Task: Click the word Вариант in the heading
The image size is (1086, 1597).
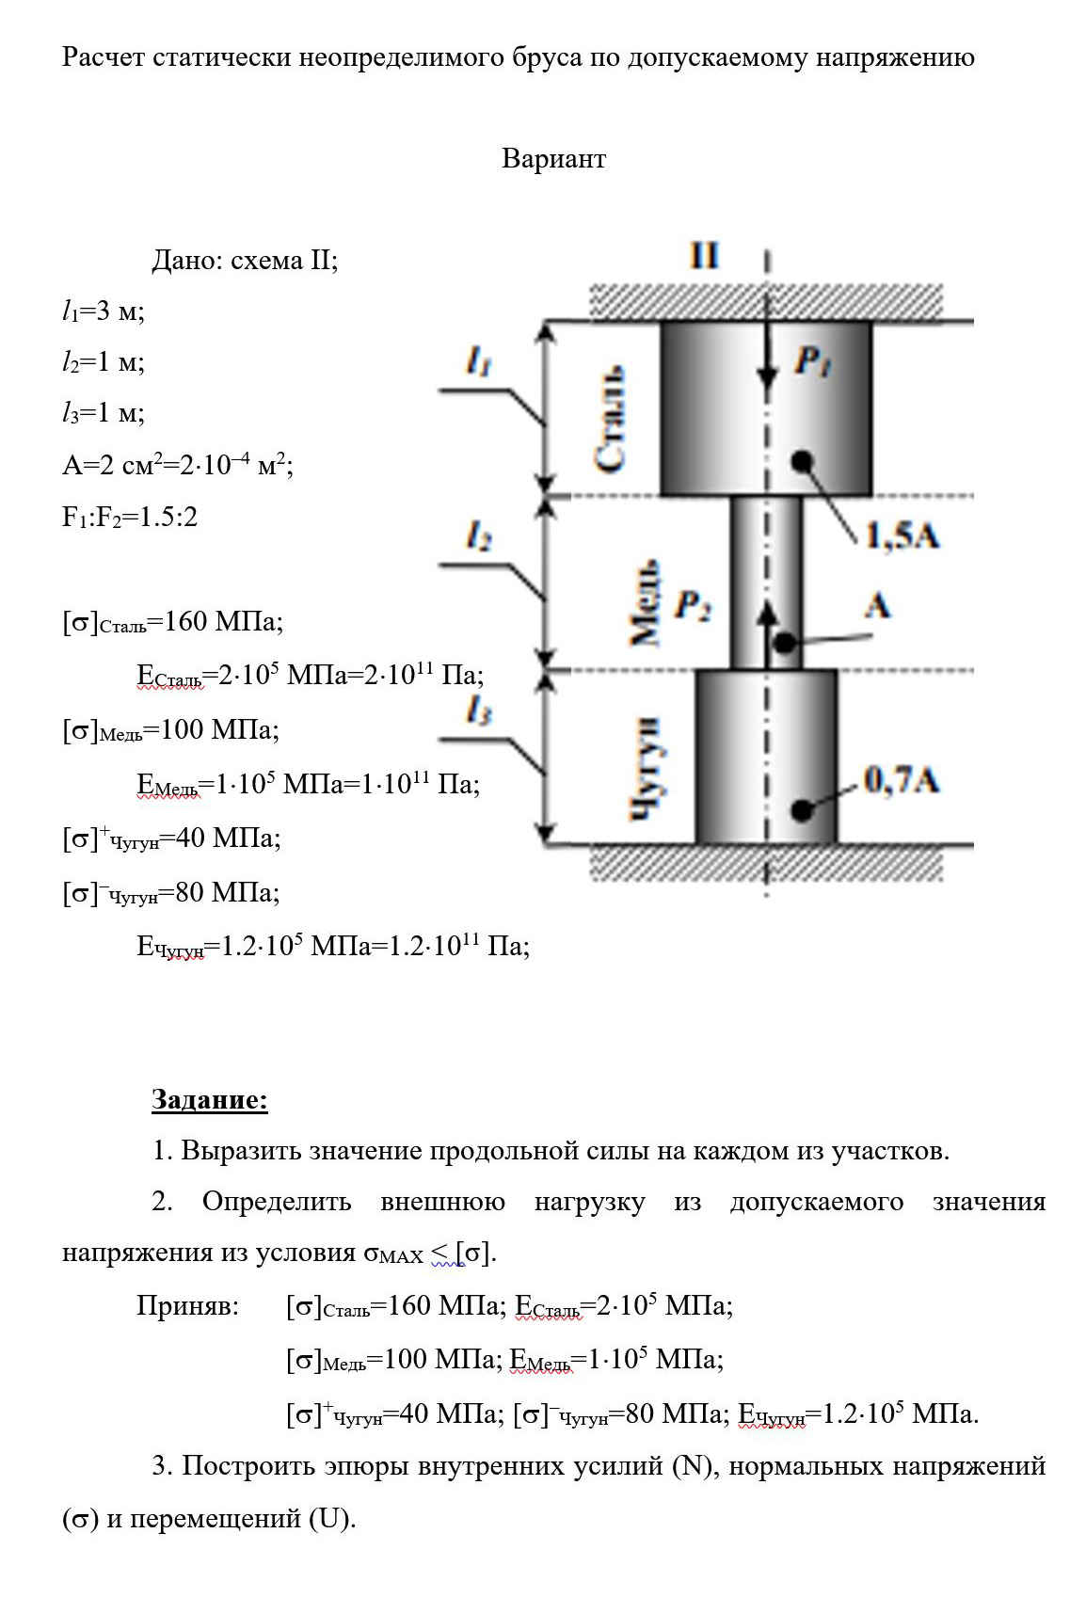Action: pos(553,158)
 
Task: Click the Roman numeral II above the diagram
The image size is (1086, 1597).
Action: pos(704,255)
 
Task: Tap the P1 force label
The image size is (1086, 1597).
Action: pos(813,360)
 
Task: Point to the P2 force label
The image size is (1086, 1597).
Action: pos(693,606)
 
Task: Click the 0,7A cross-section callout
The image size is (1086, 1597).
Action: pos(902,780)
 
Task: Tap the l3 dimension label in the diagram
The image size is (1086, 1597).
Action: pos(479,711)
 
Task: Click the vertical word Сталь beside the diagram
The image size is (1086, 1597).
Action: pos(611,418)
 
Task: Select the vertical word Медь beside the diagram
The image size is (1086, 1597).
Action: pos(645,602)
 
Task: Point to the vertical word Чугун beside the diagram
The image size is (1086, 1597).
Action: pos(646,769)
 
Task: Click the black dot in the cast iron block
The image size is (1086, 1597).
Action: pos(802,810)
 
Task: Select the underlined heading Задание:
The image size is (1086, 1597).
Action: pos(210,1098)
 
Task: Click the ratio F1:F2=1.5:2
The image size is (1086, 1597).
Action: pos(130,516)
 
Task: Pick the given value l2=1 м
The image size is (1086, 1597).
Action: pos(104,362)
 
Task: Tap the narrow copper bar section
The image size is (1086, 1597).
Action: pos(766,583)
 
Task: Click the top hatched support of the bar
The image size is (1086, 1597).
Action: pos(767,302)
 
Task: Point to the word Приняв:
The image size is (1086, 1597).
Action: pos(187,1305)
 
